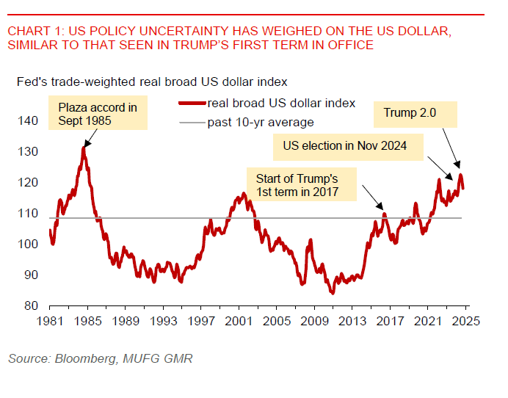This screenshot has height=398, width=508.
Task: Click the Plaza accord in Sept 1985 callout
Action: [x=98, y=114]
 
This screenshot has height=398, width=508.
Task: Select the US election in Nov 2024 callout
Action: [x=354, y=145]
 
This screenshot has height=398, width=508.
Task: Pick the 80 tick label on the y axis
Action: [x=30, y=306]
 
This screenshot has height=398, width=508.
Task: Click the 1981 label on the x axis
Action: [x=49, y=321]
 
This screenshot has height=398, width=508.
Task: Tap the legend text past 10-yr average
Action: [x=261, y=122]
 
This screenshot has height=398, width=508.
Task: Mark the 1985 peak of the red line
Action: [x=84, y=148]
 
